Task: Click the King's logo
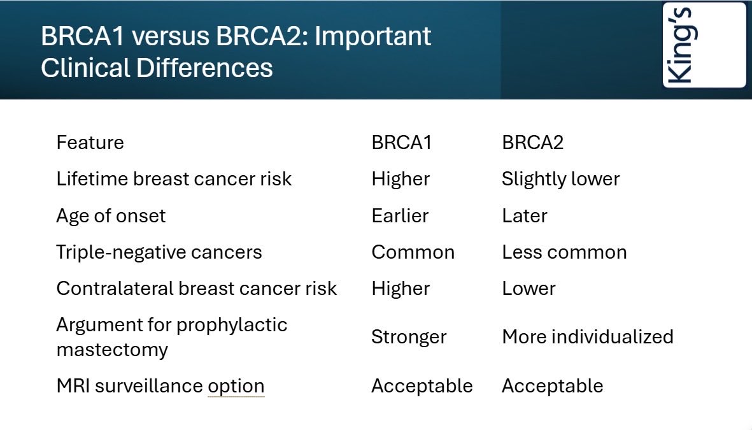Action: pos(704,45)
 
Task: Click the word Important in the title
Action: pos(372,36)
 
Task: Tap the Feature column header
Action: pos(90,143)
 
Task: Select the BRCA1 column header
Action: pos(401,143)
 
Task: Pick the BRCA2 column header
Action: pos(532,143)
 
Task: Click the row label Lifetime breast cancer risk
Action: pos(174,179)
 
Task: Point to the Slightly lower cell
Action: pos(560,180)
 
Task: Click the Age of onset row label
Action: pos(111,216)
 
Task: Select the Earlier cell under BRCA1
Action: pos(400,216)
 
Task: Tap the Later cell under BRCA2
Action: pos(524,216)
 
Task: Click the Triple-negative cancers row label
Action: pos(159,252)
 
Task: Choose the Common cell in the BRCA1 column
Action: pos(413,252)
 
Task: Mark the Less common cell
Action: pos(564,252)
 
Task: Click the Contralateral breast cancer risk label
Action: pos(197,289)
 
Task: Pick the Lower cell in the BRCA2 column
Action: pos(529,289)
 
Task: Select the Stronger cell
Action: pos(409,338)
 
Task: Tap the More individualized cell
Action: pos(588,337)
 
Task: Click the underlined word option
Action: pos(236,387)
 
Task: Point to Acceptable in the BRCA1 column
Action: pos(422,386)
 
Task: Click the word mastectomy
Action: pos(112,350)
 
